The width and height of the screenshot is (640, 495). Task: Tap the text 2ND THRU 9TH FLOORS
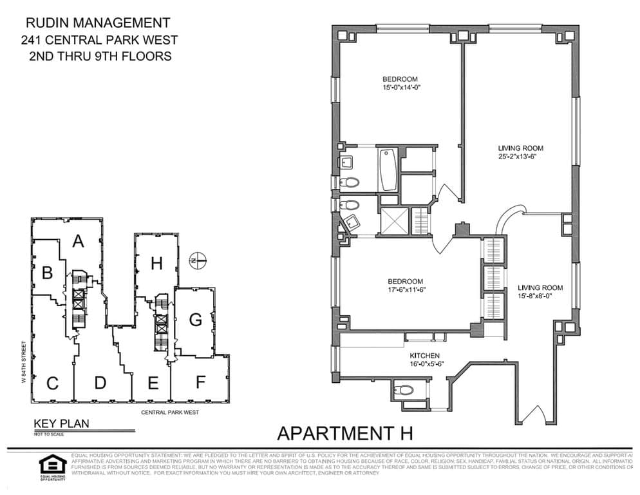click(x=100, y=56)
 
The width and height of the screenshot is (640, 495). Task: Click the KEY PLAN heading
click(x=61, y=424)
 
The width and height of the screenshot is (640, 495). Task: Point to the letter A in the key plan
click(x=79, y=242)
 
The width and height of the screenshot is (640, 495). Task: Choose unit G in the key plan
click(x=195, y=319)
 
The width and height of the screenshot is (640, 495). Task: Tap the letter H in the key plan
click(x=156, y=263)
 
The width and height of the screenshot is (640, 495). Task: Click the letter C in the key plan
click(x=53, y=383)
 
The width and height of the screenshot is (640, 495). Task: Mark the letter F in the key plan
click(x=200, y=382)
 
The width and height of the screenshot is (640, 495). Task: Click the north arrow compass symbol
click(x=198, y=261)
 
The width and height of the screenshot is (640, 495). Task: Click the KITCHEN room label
click(x=425, y=356)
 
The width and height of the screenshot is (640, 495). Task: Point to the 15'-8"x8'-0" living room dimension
click(x=541, y=296)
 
